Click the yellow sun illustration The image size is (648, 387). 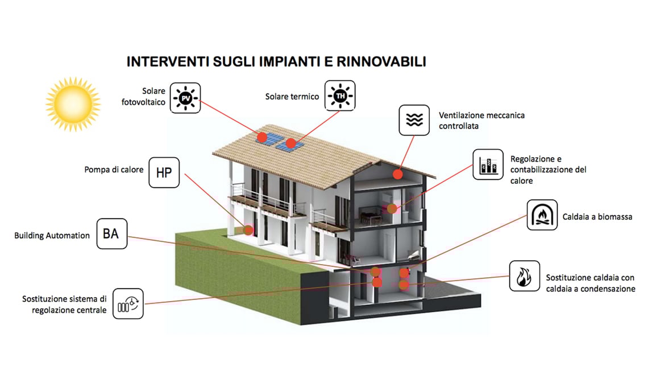coord(73,103)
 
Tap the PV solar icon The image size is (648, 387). coord(184,98)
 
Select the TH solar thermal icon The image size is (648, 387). coord(339,96)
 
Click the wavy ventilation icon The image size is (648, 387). coord(414,120)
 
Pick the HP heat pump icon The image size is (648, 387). coord(164,172)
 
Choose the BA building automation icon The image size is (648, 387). coord(111,233)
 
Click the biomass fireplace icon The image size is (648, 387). coord(542,215)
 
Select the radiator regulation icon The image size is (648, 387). coord(128,303)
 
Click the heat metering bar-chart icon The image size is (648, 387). coord(488,164)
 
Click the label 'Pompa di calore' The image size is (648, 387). coord(114,170)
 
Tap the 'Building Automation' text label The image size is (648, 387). coord(52,235)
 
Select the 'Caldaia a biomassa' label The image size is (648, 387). coord(597,217)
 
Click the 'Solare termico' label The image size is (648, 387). coord(292,97)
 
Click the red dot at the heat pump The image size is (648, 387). coord(248,230)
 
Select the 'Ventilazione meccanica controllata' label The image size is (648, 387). coord(481,120)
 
